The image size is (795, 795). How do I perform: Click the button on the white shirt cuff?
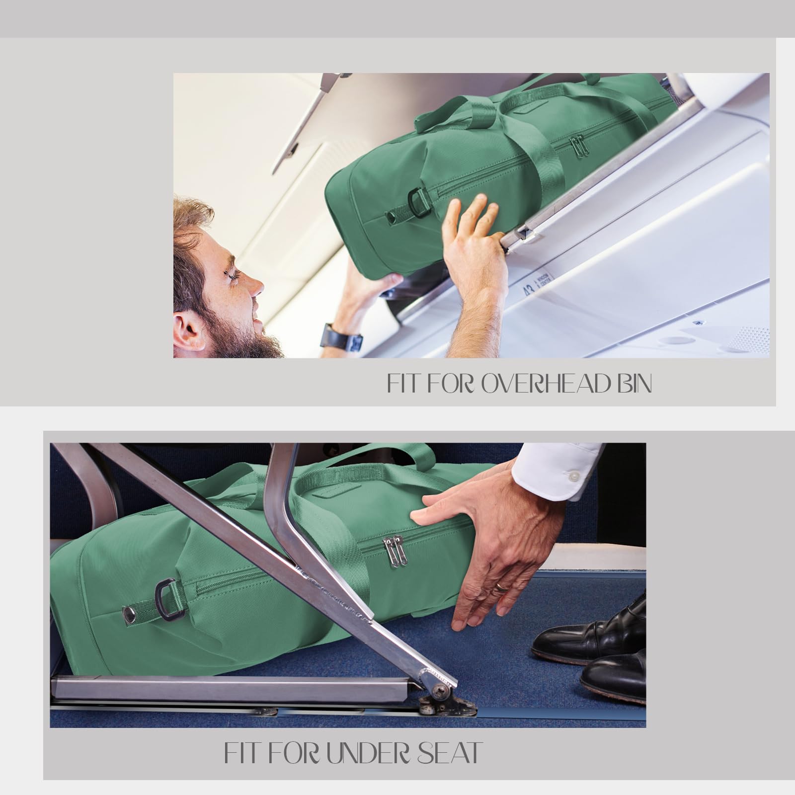(x=575, y=476)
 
